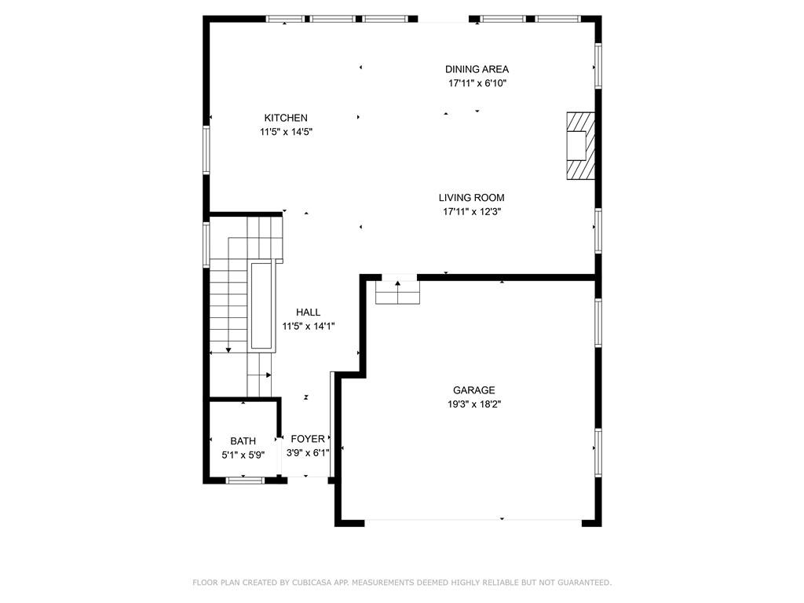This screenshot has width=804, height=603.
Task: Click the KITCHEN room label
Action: (x=285, y=118)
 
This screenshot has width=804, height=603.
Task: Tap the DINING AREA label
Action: (x=477, y=69)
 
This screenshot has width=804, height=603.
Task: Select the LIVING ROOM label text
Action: (x=471, y=198)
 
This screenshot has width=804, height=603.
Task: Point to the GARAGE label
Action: (x=473, y=390)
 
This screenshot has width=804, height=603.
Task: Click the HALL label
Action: (x=308, y=312)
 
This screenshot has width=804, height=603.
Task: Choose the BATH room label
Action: (x=243, y=440)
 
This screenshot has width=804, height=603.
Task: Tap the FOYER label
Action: (x=308, y=439)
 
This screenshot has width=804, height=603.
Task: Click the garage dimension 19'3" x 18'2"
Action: (x=473, y=404)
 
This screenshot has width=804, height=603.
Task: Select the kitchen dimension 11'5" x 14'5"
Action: (x=287, y=132)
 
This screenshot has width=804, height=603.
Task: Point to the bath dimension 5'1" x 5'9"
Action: (x=243, y=454)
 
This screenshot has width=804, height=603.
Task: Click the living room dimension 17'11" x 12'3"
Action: (x=471, y=211)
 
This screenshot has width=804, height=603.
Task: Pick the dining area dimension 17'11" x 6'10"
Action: (x=477, y=83)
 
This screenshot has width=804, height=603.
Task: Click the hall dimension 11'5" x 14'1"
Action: (x=309, y=326)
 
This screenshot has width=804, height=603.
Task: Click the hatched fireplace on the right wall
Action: (x=581, y=145)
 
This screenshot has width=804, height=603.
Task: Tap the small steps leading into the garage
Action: (x=398, y=292)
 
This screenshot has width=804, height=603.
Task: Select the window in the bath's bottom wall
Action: (x=243, y=479)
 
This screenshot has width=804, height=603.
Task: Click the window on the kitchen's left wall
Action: (x=207, y=149)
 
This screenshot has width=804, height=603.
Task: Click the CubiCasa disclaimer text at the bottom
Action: (x=402, y=583)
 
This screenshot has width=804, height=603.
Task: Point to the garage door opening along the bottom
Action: (x=473, y=521)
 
